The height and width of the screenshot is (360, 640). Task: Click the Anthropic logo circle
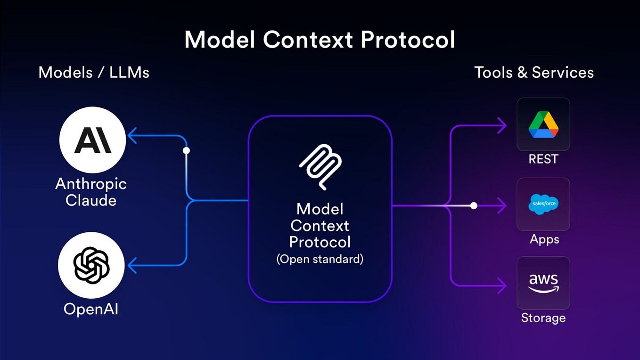[92, 140]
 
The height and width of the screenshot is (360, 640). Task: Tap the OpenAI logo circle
[91, 265]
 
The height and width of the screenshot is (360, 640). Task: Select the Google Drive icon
[543, 124]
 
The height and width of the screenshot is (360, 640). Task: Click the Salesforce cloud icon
[543, 204]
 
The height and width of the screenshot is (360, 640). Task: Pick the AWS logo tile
[543, 283]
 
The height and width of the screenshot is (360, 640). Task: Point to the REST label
[543, 159]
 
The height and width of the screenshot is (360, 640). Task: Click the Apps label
[544, 239]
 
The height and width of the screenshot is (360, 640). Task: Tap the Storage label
[543, 318]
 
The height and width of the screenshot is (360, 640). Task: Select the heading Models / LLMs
[94, 73]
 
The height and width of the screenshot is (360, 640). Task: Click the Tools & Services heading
[533, 73]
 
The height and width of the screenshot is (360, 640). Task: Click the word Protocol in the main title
[408, 40]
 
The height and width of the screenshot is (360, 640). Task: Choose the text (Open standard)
[320, 259]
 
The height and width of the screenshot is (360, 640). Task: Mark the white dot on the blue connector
[186, 151]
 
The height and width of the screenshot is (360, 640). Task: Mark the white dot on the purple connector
[474, 205]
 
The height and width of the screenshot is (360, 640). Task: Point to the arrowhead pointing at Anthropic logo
[131, 136]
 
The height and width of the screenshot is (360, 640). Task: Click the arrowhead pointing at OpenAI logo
[131, 265]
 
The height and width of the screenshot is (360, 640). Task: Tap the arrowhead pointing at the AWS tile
[502, 285]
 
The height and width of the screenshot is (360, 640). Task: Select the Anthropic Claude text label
[91, 192]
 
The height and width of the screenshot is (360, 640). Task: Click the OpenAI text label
[91, 309]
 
